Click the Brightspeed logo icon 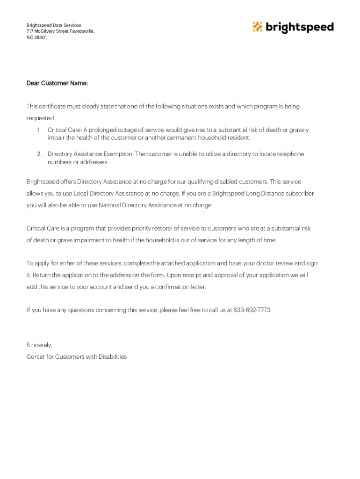258,27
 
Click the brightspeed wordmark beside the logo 300,28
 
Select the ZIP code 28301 40,37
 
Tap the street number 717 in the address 30,31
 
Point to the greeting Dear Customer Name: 57,83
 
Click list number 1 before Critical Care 39,130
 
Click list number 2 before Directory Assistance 39,154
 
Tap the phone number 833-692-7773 252,310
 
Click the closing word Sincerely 39,345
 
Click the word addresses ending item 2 95,162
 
